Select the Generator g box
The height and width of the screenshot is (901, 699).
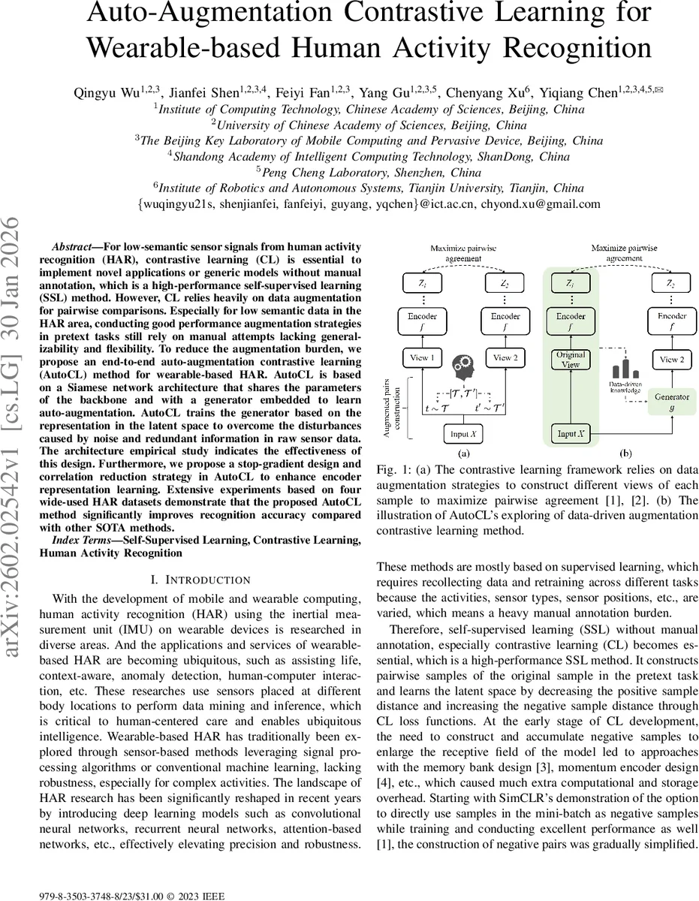click(x=672, y=401)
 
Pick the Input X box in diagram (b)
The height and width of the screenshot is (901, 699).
click(x=568, y=434)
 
